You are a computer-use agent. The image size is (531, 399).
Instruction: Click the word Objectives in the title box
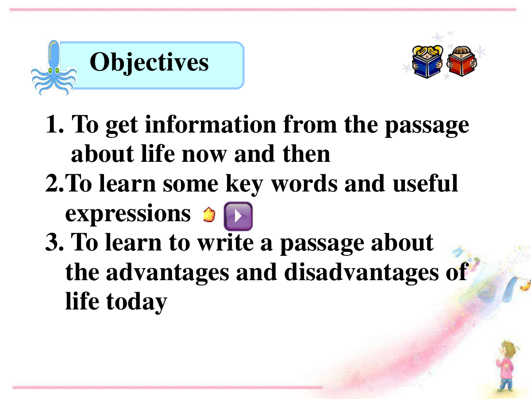(x=149, y=63)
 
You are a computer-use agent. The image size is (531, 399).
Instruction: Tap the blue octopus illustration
(x=54, y=68)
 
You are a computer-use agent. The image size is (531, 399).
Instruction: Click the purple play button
(x=238, y=216)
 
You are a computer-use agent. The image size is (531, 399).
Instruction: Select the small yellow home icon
(x=209, y=215)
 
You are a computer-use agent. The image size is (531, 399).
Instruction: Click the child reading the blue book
(x=427, y=62)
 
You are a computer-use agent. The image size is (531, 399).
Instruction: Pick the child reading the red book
(x=462, y=61)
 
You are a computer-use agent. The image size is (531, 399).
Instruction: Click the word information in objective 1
(x=211, y=124)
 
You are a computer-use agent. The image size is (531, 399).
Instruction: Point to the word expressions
(x=128, y=214)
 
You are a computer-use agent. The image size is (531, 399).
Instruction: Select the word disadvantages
(x=361, y=272)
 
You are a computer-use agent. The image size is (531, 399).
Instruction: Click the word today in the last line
(x=137, y=302)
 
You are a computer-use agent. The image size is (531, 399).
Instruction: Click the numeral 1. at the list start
(x=55, y=124)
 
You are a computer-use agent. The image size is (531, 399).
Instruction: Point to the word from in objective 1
(x=310, y=124)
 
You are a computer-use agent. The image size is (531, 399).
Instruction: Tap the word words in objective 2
(x=304, y=184)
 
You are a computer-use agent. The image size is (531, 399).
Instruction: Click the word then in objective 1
(x=306, y=154)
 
